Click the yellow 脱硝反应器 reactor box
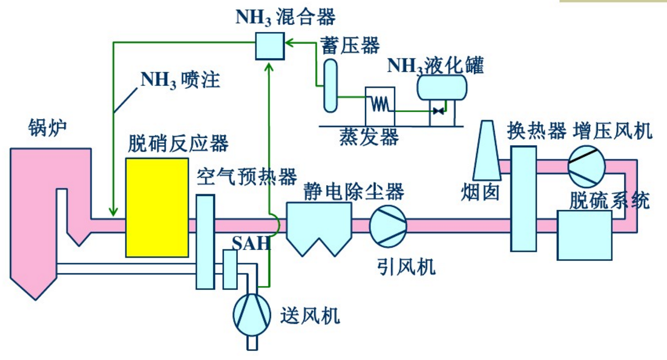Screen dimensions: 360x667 (157, 208)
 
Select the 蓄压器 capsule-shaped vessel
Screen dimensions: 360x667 (330, 85)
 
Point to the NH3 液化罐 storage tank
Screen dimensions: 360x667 (441, 87)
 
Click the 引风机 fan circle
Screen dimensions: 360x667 (388, 225)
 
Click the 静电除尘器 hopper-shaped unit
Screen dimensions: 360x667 (319, 226)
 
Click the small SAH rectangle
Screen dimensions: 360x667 (230, 269)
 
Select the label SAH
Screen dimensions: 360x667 (250, 244)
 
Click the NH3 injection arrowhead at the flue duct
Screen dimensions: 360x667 (113, 212)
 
